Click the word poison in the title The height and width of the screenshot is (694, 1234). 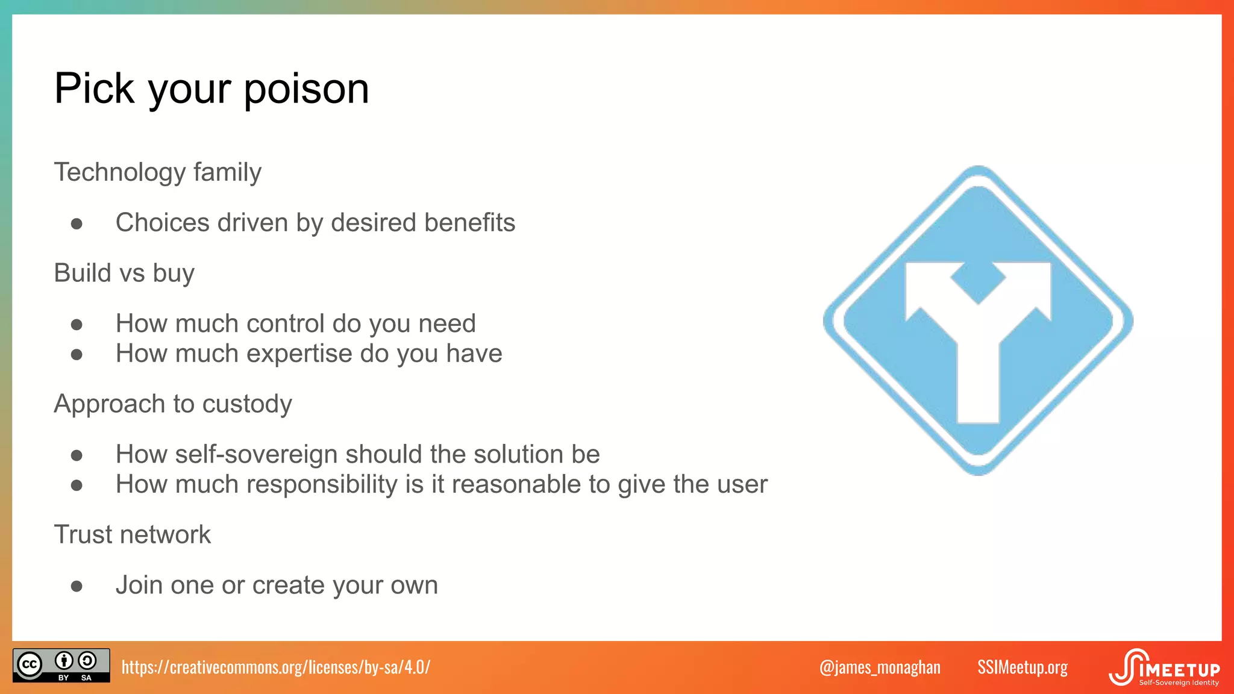click(306, 89)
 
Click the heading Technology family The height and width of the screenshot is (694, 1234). click(157, 172)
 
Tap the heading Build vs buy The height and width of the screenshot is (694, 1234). click(124, 274)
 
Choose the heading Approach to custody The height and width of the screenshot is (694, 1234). click(173, 404)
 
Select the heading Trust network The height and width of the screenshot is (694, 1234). click(133, 535)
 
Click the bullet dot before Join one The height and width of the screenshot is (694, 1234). click(77, 586)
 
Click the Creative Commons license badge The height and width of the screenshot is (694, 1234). click(61, 665)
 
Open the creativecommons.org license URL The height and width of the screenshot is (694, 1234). click(276, 667)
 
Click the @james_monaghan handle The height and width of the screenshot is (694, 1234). click(880, 667)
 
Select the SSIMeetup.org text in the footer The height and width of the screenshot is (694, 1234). click(1022, 667)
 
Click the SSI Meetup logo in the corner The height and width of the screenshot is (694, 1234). click(1164, 667)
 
